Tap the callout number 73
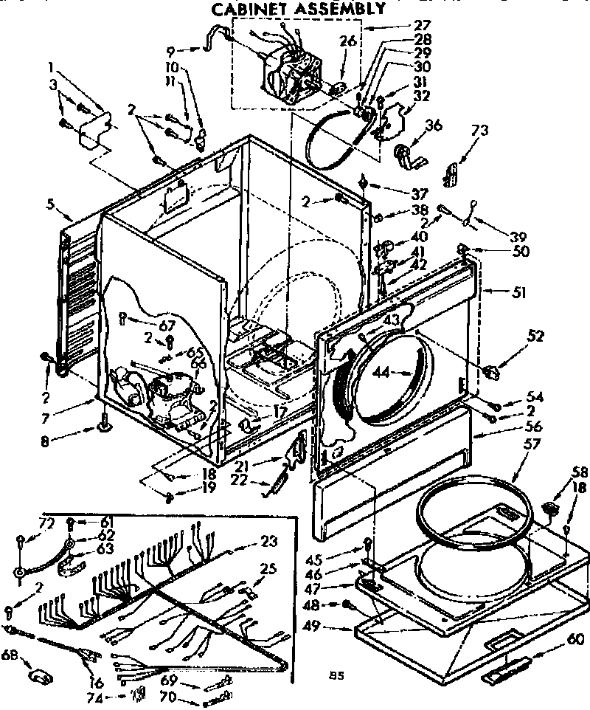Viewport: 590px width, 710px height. (x=480, y=131)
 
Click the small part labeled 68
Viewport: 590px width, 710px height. (x=39, y=675)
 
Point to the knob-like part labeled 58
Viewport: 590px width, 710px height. (x=549, y=509)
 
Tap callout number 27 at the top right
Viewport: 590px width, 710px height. (x=402, y=25)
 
